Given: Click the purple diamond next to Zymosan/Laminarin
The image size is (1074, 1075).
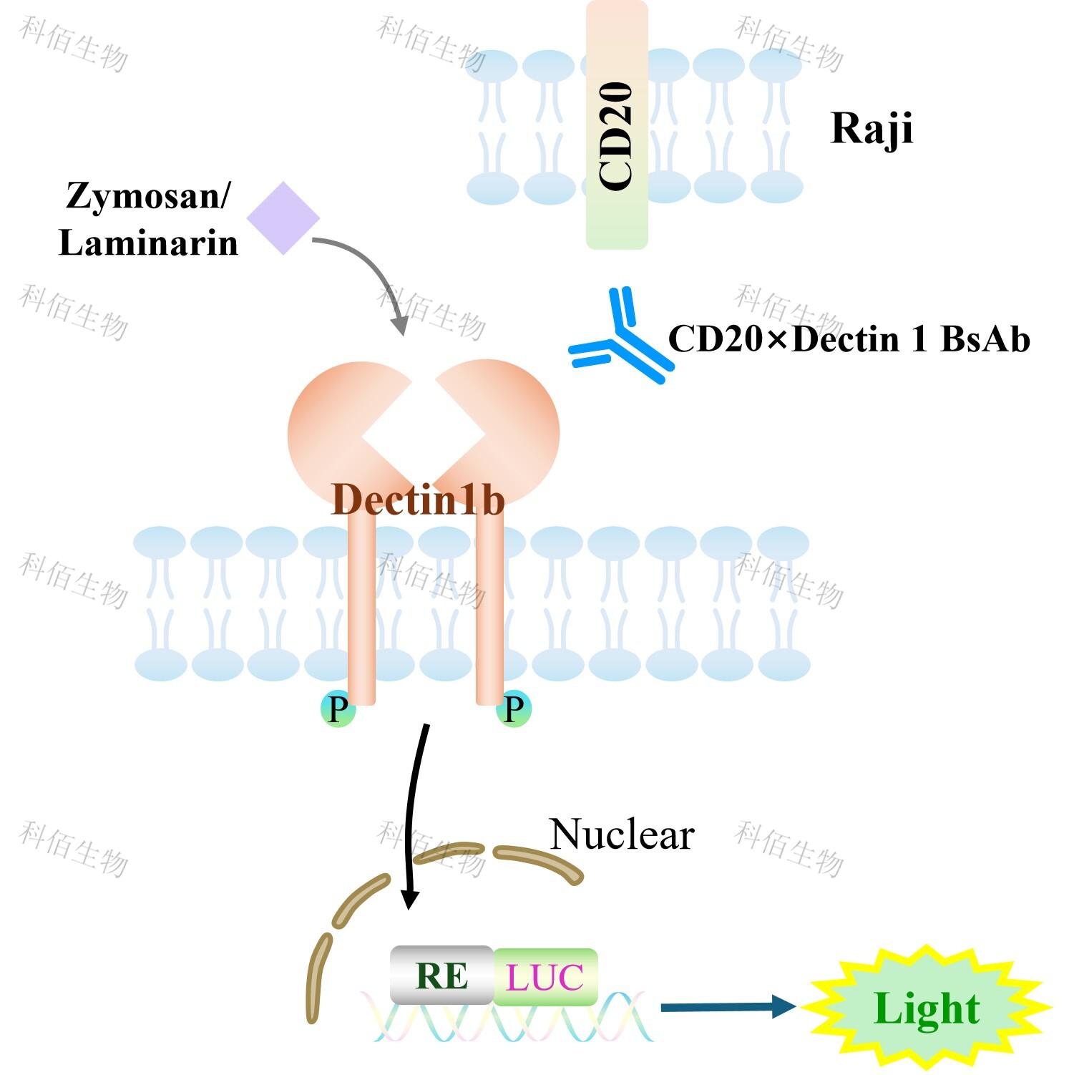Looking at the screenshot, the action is [x=283, y=218].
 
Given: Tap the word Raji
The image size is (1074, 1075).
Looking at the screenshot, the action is [x=872, y=130].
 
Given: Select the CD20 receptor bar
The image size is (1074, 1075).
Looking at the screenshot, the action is [x=617, y=125].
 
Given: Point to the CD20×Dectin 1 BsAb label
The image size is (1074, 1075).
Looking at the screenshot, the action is [x=849, y=339].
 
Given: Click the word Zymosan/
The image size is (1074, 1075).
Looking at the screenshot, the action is [x=148, y=195].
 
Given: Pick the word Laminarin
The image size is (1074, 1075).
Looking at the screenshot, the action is [x=148, y=243].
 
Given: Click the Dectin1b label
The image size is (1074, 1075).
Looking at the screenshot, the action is [x=418, y=499].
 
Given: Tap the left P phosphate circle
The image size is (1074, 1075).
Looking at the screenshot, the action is [x=338, y=709].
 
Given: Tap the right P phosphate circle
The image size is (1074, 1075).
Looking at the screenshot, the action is [x=514, y=709].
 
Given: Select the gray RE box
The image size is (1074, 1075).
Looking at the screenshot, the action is [x=442, y=975].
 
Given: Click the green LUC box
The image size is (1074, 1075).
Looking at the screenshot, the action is [x=545, y=977].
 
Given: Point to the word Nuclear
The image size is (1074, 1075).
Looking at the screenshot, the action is [x=622, y=835].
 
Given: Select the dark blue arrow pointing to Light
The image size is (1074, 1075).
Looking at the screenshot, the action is [x=728, y=1007].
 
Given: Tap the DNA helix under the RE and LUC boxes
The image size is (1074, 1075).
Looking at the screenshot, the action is [x=507, y=1016].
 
